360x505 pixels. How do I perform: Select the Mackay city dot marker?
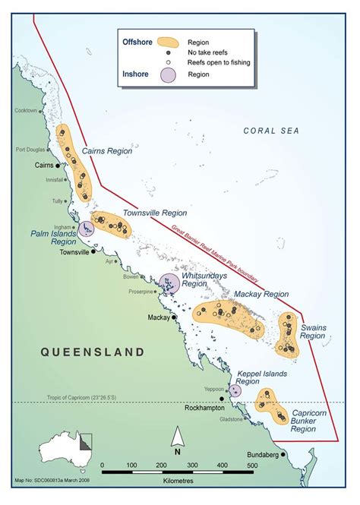coord(174,317)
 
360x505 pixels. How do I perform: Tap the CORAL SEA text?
coord(272,131)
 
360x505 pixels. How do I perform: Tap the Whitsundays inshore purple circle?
coord(169,284)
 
